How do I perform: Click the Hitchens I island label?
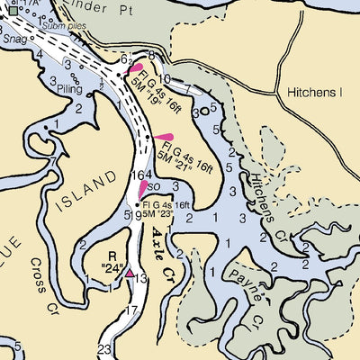[316, 93]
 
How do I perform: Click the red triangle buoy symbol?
[130, 272]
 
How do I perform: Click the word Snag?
[15, 39]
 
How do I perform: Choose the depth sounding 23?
[103, 349]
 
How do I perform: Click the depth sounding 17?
[131, 311]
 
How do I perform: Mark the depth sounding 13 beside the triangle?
[141, 280]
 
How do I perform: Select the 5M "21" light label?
[177, 154]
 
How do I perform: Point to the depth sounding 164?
[143, 175]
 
